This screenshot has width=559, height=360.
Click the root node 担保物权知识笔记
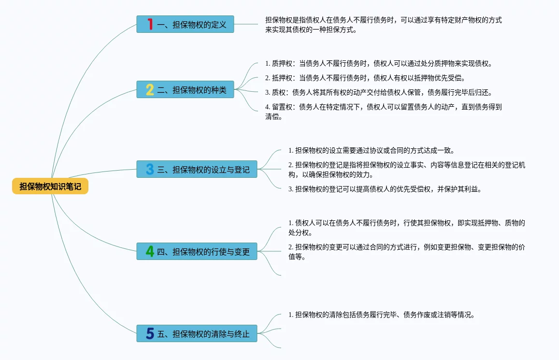(50, 187)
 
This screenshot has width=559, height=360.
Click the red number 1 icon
(150, 24)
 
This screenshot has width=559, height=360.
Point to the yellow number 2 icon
(150, 89)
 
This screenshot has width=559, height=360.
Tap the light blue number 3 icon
(150, 169)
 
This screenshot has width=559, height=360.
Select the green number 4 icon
(150, 251)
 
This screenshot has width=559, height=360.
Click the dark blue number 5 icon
(150, 333)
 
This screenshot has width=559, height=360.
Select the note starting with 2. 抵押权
(365, 78)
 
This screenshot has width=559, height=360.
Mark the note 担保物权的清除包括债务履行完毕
(381, 315)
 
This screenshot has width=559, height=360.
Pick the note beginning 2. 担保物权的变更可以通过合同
(406, 252)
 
